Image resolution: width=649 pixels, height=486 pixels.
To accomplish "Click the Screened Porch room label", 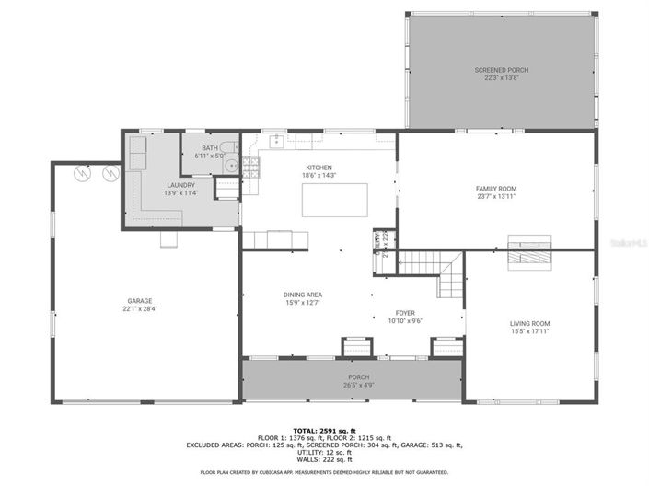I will [502, 70].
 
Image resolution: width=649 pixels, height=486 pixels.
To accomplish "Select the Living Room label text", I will [529, 323].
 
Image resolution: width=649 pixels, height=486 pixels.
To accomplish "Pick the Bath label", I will [210, 148].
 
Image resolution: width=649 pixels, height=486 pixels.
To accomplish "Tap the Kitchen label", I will [319, 168].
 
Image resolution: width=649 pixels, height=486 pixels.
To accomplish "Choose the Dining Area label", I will [302, 295].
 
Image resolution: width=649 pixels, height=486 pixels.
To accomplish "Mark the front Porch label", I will [358, 377].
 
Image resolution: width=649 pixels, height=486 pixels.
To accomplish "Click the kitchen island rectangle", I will [335, 199].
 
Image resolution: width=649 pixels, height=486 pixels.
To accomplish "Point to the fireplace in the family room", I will [531, 250].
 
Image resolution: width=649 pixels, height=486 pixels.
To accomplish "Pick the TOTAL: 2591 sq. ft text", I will [324, 430].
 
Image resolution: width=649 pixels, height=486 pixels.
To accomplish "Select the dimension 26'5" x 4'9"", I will [358, 385].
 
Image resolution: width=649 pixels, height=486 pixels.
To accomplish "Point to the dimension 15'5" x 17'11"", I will [529, 331].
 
